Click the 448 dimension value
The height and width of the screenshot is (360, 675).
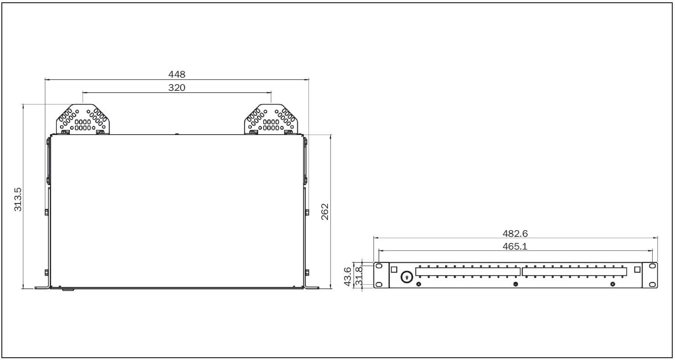tap(177, 74)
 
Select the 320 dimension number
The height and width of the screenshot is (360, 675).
tap(177, 88)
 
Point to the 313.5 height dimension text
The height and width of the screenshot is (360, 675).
tap(18, 197)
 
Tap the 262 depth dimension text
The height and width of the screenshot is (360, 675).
tap(325, 212)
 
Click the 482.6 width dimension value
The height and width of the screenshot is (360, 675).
tap(515, 234)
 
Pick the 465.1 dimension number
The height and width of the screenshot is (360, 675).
tap(515, 246)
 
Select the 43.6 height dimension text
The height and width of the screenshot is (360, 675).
tap(348, 277)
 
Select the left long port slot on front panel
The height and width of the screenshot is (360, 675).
tap(467, 271)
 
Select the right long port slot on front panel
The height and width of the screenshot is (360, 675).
tap(574, 271)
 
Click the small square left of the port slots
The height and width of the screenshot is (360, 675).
tap(395, 269)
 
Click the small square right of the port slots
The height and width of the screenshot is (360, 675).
tap(637, 269)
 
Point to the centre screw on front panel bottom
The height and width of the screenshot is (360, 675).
tap(515, 284)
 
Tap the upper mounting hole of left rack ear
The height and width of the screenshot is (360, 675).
tap(379, 266)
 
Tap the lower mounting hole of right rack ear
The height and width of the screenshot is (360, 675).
tap(653, 285)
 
